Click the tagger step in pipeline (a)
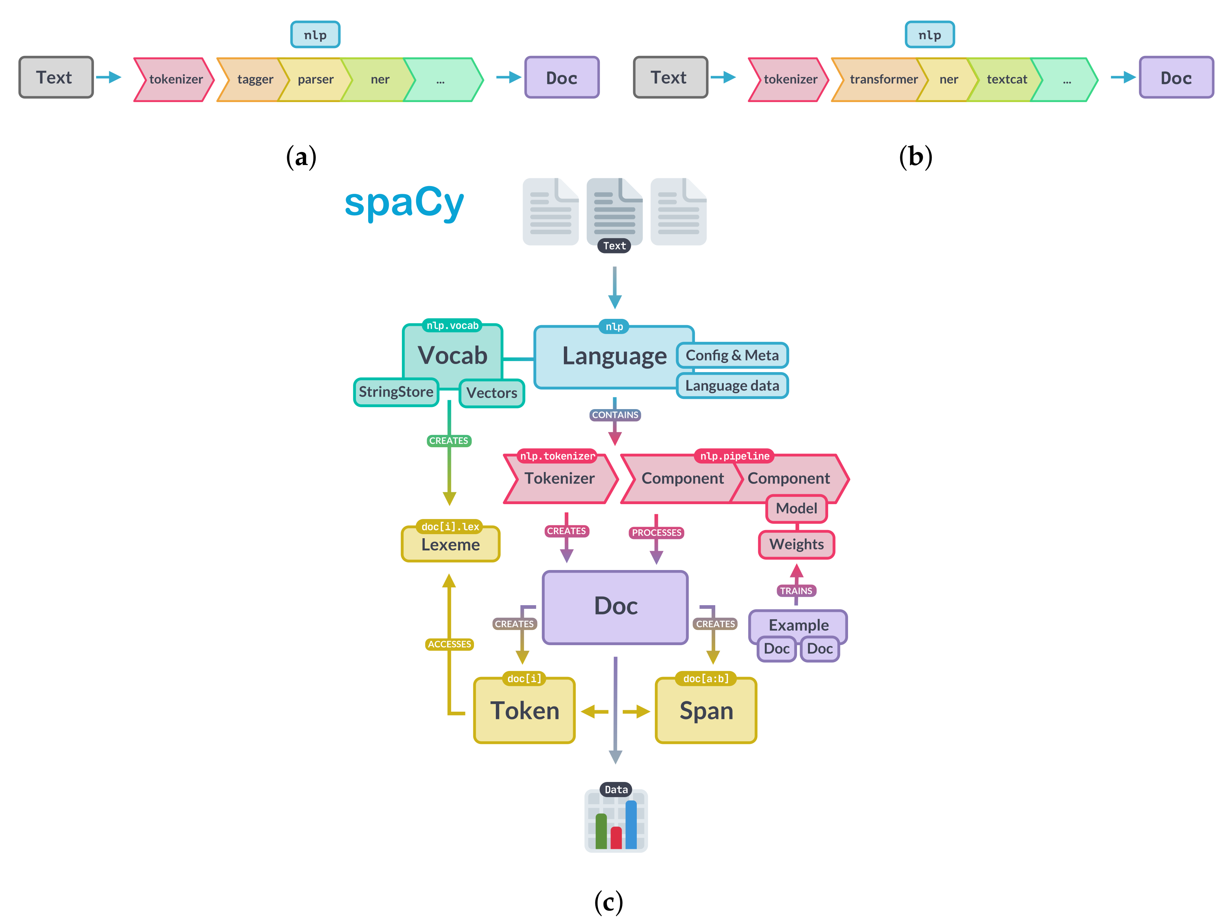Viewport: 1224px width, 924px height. [255, 80]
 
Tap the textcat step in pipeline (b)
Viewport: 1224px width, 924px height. [1006, 80]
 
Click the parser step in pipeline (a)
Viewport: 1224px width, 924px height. [315, 80]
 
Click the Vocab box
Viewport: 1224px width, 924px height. [452, 355]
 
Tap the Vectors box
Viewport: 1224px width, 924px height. [491, 393]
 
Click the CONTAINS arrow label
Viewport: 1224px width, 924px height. [615, 415]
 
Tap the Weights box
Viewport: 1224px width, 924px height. [796, 544]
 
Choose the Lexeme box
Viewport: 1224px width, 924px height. [450, 545]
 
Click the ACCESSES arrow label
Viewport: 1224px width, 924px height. [449, 644]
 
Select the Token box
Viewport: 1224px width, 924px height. [525, 711]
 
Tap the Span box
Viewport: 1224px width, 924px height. [706, 711]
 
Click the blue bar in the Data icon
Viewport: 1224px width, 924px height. [631, 824]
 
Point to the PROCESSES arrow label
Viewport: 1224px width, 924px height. [656, 533]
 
